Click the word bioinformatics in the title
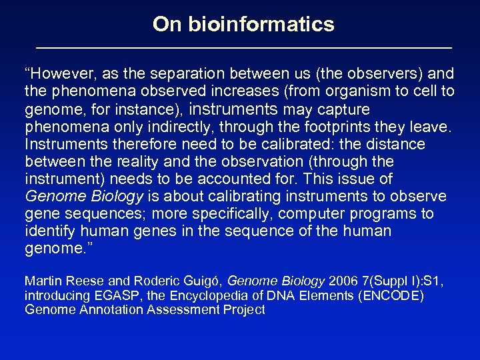tap(262, 25)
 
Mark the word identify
tap(50, 231)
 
